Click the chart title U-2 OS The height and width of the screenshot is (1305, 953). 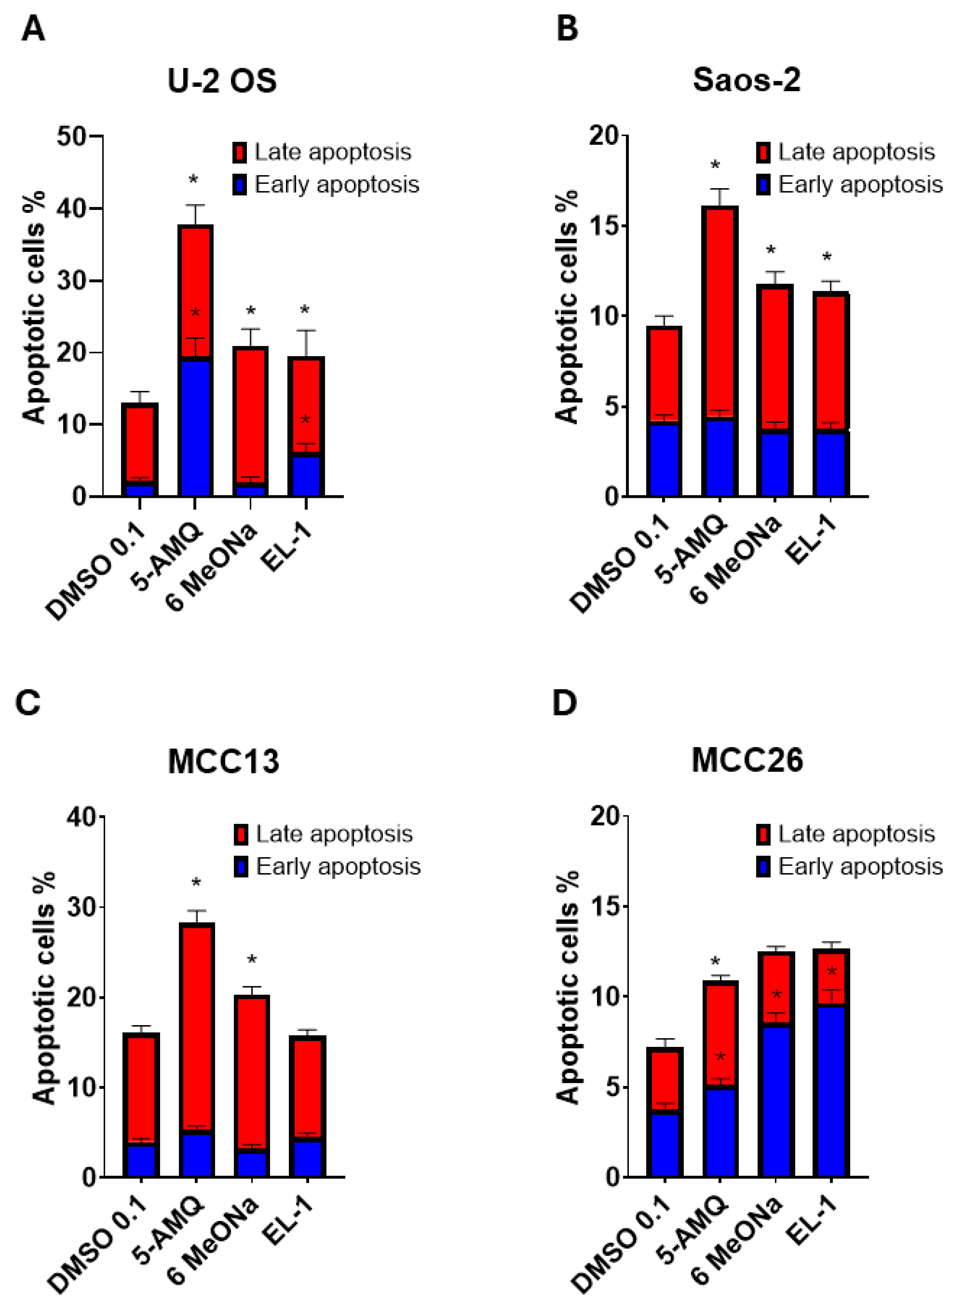pyautogui.click(x=222, y=81)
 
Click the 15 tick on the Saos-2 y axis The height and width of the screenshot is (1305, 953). pyautogui.click(x=604, y=226)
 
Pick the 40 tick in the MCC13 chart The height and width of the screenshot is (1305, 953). pyautogui.click(x=81, y=817)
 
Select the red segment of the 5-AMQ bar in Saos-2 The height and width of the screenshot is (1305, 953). pyautogui.click(x=719, y=312)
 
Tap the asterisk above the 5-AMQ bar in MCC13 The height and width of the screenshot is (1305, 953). pyautogui.click(x=196, y=883)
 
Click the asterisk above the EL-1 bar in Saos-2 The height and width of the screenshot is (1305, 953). pyautogui.click(x=827, y=258)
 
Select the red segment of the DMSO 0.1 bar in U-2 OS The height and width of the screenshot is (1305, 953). pyautogui.click(x=139, y=442)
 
